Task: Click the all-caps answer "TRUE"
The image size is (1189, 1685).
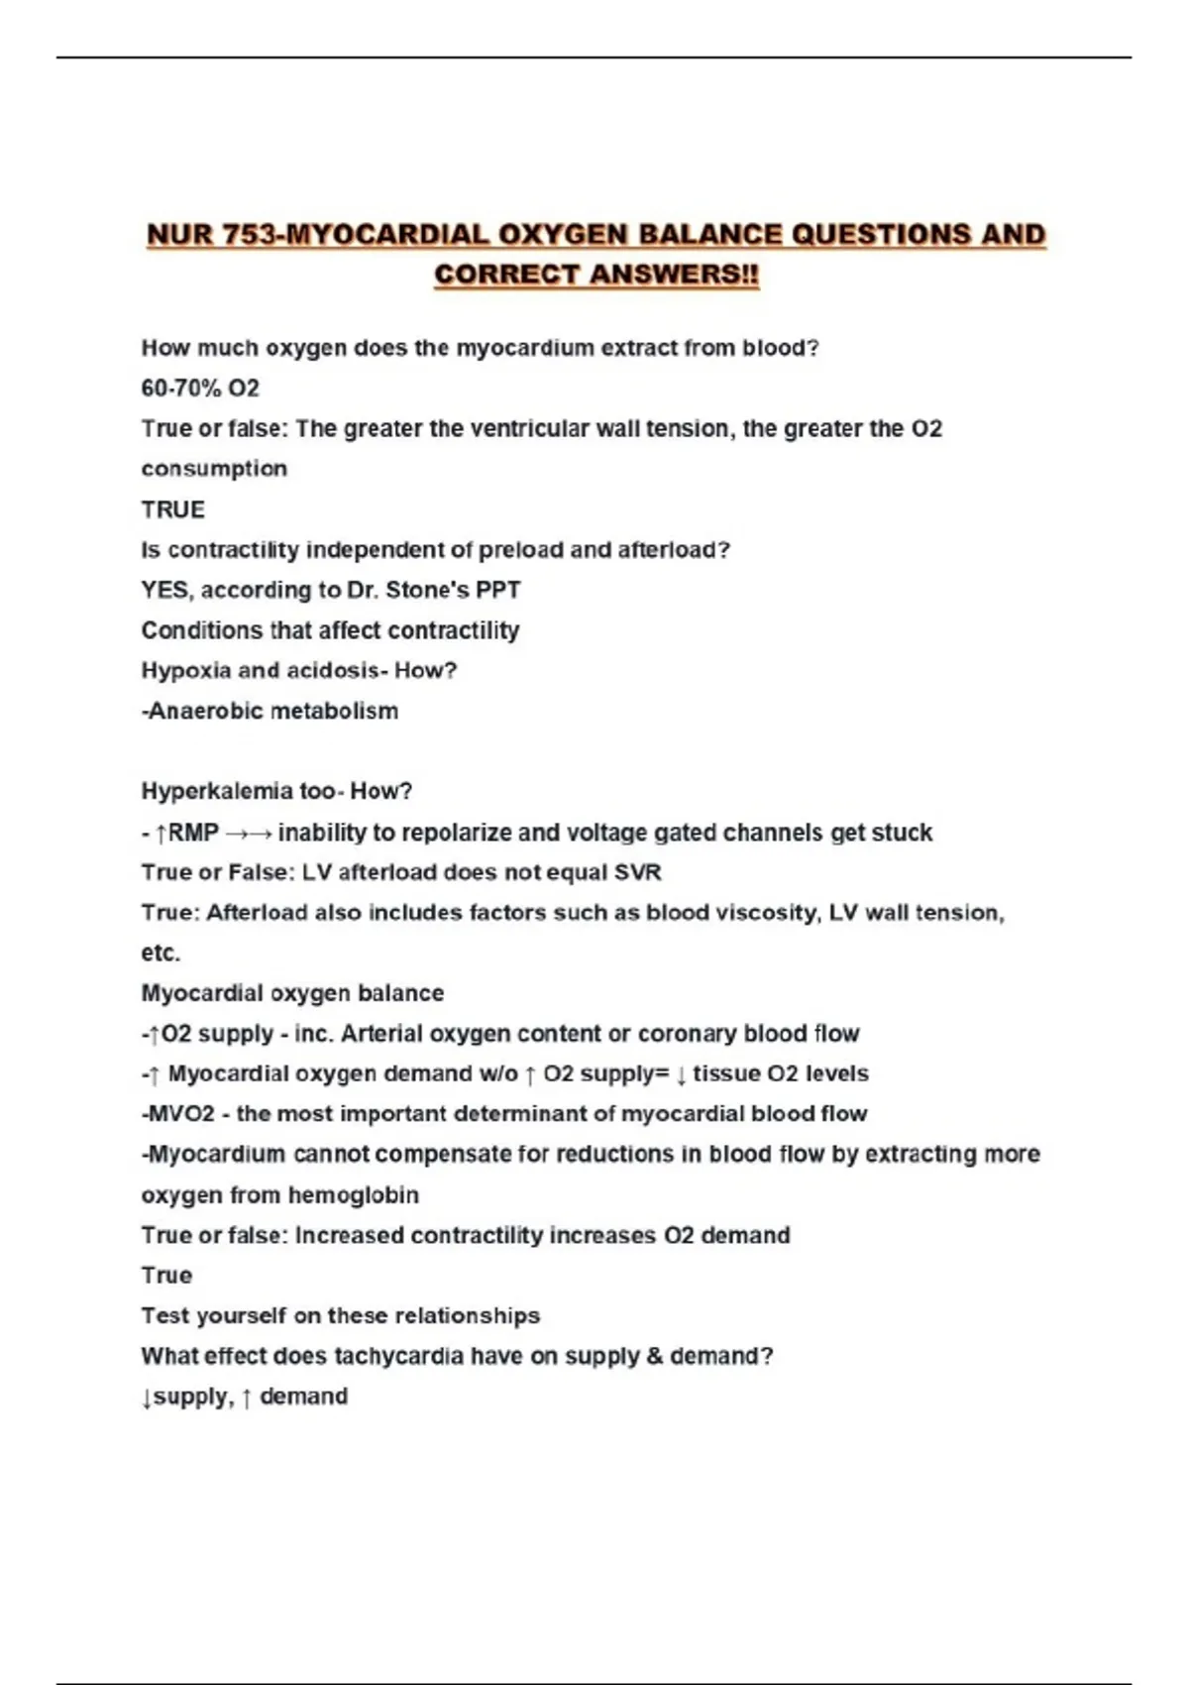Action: (x=173, y=509)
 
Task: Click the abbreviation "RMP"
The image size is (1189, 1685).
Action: (x=193, y=833)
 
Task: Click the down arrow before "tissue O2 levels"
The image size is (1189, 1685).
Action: (x=682, y=1074)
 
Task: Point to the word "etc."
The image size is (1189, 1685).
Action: (x=161, y=954)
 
